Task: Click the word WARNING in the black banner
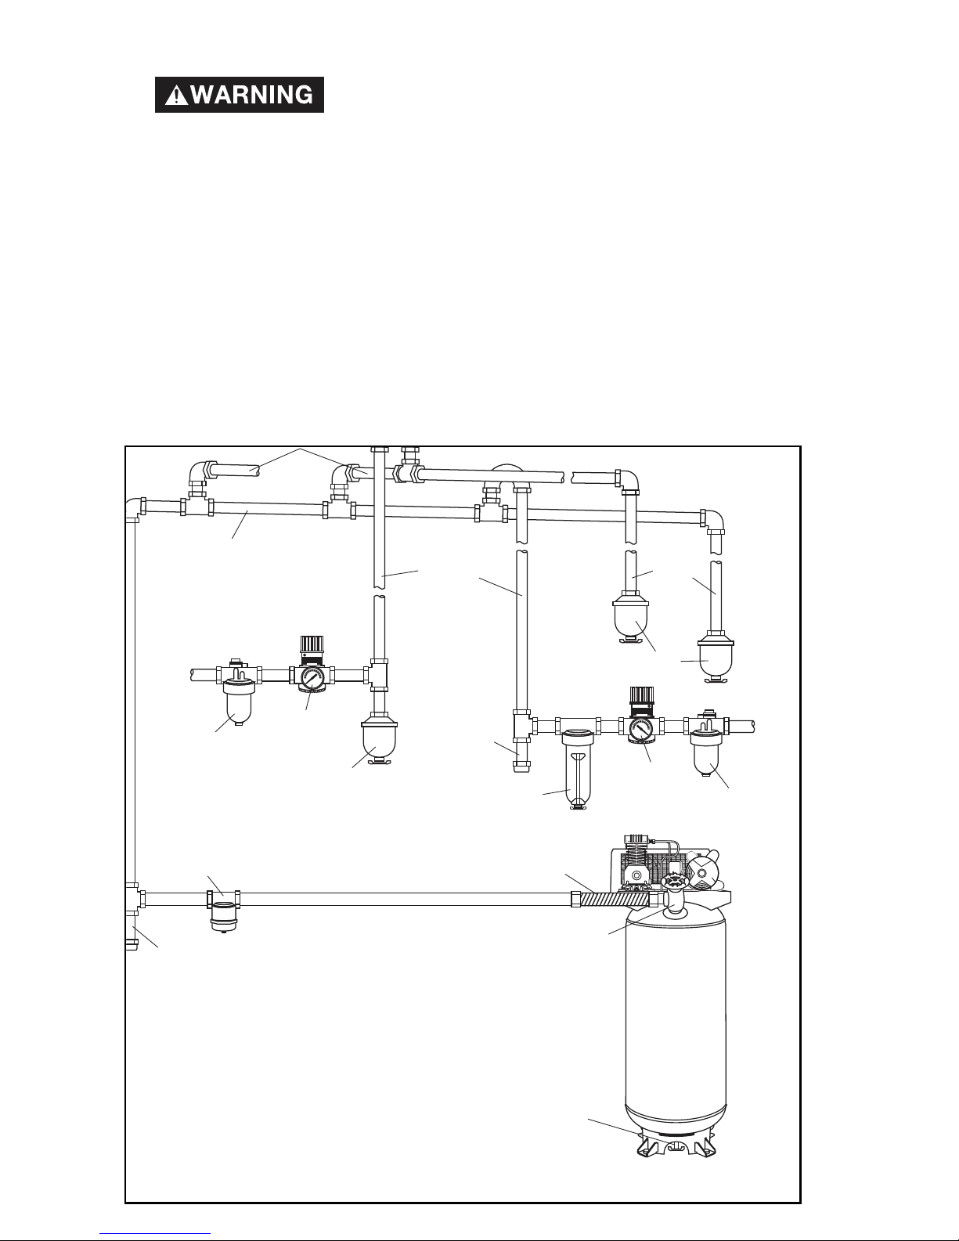coord(252,95)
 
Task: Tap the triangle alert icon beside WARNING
coord(176,96)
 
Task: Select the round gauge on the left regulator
coord(310,678)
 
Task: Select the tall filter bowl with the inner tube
coord(578,770)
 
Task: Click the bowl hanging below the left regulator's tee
coord(379,741)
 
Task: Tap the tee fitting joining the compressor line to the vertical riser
coord(134,898)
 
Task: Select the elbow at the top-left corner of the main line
coord(134,510)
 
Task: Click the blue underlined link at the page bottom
coord(155,1233)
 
